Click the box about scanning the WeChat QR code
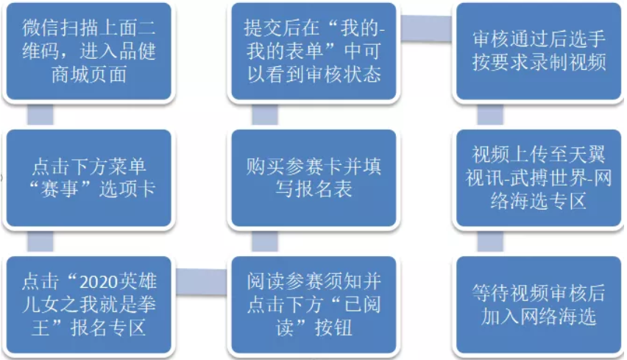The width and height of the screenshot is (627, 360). (x=88, y=52)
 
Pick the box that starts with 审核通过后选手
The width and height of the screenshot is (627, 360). (x=538, y=52)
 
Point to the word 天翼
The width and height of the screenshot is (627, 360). (x=585, y=157)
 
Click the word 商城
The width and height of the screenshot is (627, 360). (x=69, y=74)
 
